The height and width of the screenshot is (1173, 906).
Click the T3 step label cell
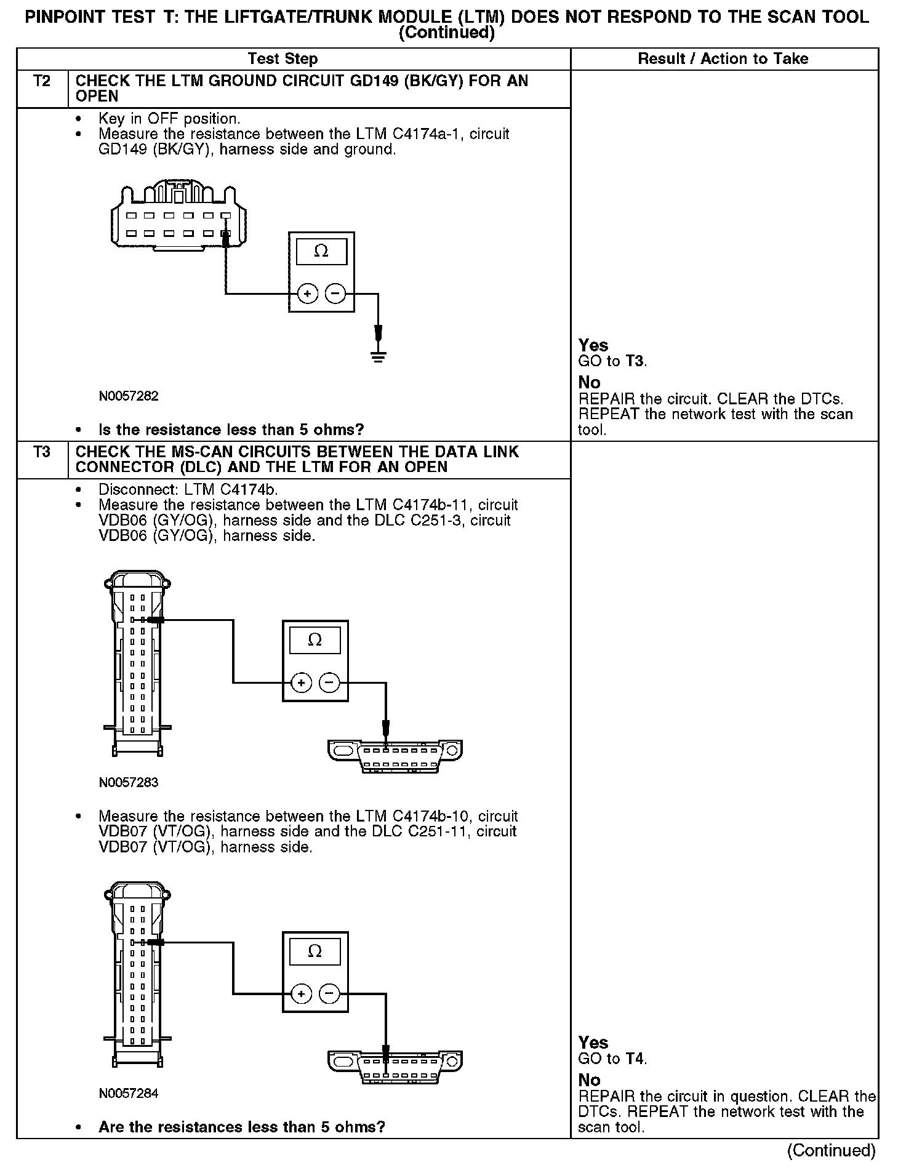[41, 452]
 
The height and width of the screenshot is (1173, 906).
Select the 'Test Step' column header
[283, 59]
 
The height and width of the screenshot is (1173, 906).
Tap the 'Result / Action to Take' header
[723, 59]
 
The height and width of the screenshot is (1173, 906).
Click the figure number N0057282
[129, 396]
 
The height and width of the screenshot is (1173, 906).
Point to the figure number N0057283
[129, 783]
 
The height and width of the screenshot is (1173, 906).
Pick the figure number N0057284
[129, 1094]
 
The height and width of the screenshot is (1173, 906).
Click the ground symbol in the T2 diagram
[378, 355]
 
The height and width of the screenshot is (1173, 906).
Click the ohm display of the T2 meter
[321, 251]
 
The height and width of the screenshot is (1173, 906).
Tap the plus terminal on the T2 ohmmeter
[307, 294]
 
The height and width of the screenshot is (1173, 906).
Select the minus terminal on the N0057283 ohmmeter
[329, 683]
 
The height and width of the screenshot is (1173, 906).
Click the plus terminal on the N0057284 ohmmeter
[301, 994]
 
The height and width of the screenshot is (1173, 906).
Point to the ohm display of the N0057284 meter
[315, 952]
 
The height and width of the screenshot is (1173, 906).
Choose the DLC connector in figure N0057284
[395, 1067]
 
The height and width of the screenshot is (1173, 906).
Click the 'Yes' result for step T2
[593, 346]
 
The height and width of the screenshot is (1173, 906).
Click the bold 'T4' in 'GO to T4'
[635, 1059]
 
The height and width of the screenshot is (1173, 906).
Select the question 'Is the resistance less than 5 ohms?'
[231, 430]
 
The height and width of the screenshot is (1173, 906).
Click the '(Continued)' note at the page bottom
[831, 1150]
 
